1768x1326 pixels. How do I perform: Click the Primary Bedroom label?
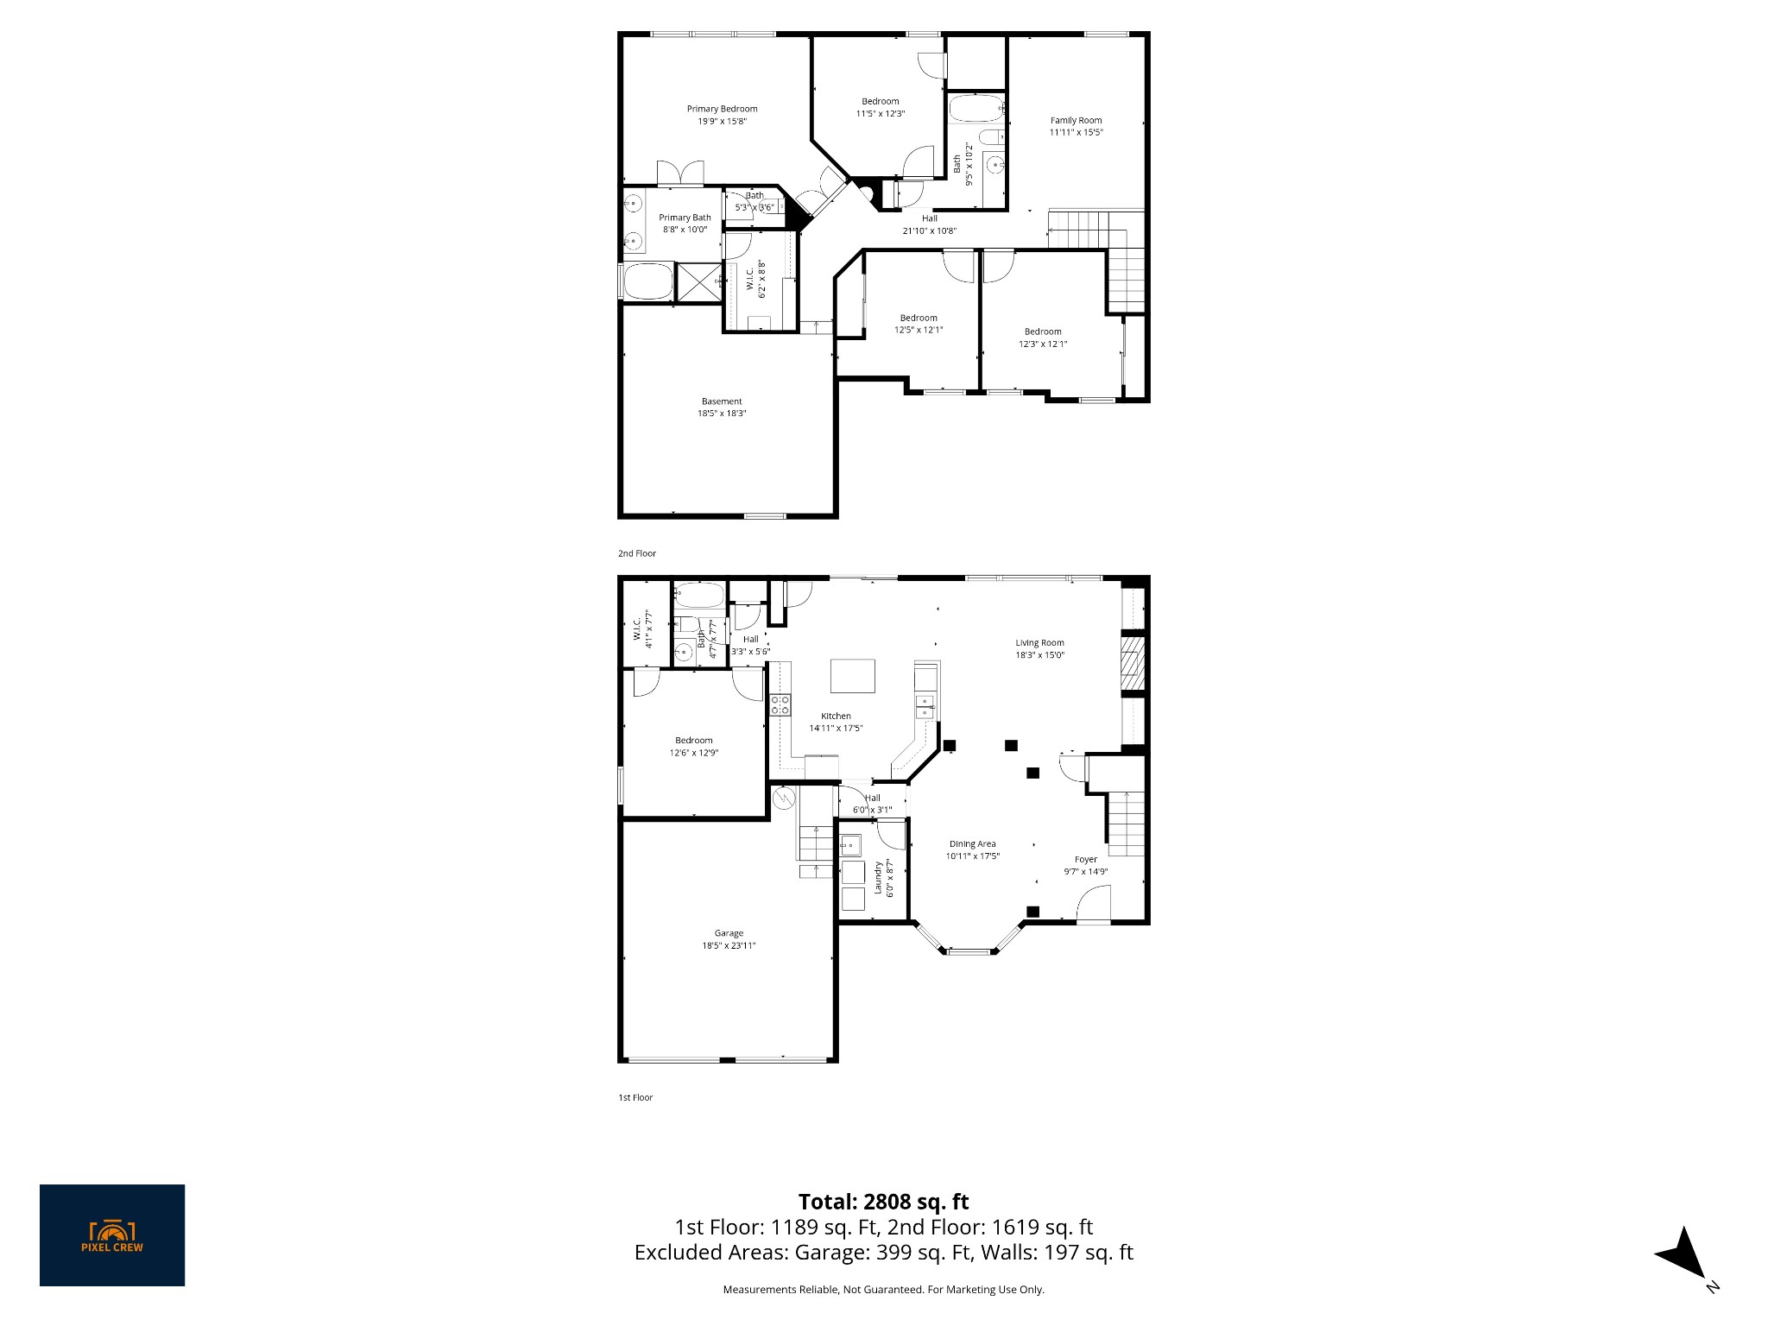(722, 109)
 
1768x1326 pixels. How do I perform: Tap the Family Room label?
(1076, 121)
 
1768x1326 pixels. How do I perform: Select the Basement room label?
(721, 401)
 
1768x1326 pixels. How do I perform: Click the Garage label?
(729, 933)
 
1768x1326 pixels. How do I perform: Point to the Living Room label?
(1039, 643)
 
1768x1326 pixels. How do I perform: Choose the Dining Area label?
(973, 844)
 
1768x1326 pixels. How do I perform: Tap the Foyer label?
(1085, 860)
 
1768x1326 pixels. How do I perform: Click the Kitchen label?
(836, 717)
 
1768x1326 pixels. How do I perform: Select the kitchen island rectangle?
(852, 675)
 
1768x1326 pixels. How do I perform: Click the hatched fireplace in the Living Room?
(1132, 665)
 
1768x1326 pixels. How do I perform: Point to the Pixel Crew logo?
(112, 1235)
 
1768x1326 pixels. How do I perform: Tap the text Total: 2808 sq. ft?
(883, 1202)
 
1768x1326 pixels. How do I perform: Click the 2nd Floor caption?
(637, 553)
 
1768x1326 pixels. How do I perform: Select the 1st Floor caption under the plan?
(635, 1098)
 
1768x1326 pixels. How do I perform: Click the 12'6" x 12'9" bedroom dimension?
(694, 753)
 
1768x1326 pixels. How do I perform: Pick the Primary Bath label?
(685, 218)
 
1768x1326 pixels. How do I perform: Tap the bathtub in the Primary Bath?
(647, 281)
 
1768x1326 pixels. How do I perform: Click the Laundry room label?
(878, 877)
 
